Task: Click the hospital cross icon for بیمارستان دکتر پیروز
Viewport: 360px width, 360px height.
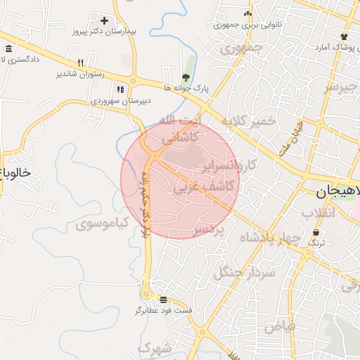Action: (104, 21)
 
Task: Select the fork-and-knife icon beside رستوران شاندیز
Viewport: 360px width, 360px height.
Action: (80, 62)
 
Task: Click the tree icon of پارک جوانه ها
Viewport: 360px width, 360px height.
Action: (186, 77)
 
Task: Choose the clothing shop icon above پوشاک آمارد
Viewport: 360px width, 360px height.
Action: (343, 37)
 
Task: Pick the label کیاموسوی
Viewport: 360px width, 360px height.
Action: (102, 224)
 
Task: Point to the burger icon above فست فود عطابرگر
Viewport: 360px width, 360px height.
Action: (164, 300)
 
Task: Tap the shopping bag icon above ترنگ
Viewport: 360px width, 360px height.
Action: (317, 231)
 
